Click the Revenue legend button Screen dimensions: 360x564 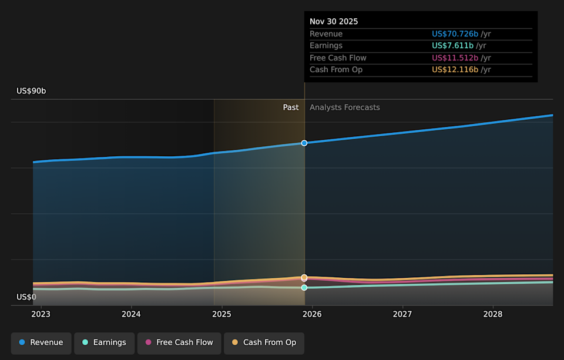(x=41, y=342)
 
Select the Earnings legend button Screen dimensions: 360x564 (x=103, y=342)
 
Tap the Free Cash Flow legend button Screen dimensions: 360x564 (x=179, y=342)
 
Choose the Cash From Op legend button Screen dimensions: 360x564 (x=264, y=342)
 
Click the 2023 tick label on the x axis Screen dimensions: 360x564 (x=41, y=314)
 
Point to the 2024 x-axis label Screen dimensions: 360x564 (x=131, y=314)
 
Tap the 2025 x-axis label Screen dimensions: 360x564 (x=221, y=314)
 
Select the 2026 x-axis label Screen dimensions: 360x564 (x=312, y=314)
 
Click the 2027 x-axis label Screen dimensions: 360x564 (x=402, y=314)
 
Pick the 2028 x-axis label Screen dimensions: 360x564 (x=493, y=314)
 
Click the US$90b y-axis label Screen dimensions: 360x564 (x=31, y=91)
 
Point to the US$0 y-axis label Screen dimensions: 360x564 (x=26, y=297)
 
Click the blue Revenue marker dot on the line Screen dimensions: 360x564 (x=304, y=143)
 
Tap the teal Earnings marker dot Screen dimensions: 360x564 (x=304, y=288)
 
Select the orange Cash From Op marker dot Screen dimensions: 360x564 (x=304, y=277)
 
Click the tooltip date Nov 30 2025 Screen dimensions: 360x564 (x=334, y=22)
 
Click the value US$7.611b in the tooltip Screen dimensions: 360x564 (x=452, y=46)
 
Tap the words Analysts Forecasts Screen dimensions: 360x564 (x=345, y=107)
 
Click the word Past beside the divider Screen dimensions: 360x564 (x=291, y=107)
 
